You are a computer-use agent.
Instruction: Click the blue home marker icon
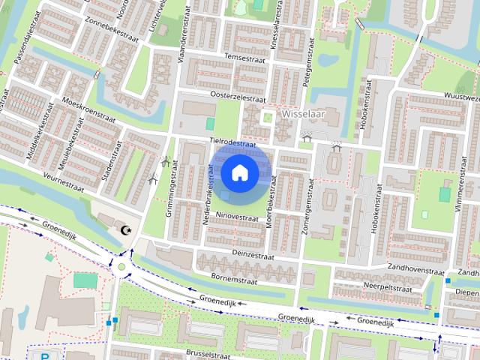pos(239,172)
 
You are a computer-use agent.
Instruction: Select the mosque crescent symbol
pos(125,230)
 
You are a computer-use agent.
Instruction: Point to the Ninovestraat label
pos(236,216)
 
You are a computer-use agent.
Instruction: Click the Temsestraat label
pos(240,56)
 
